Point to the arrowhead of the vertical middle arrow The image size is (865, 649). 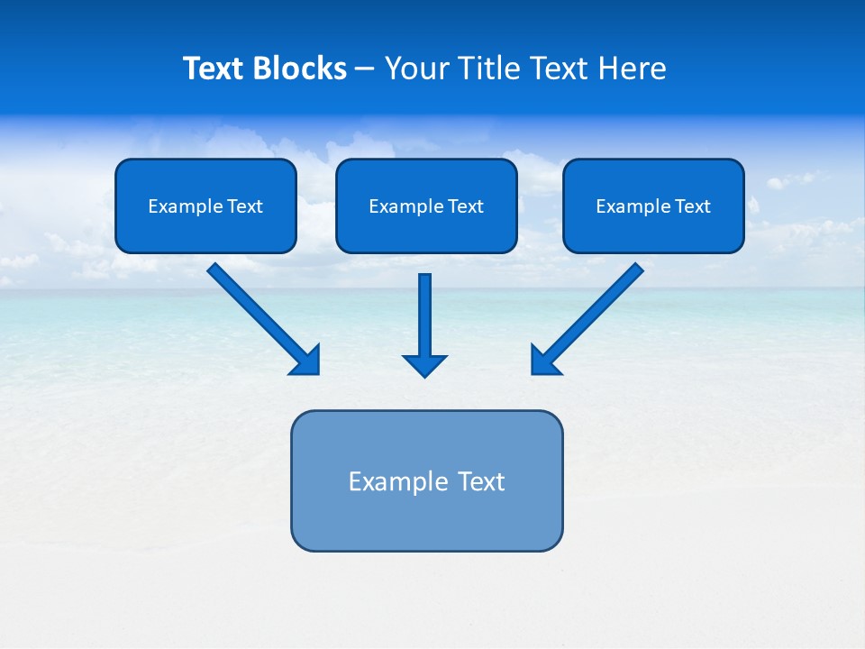coord(424,365)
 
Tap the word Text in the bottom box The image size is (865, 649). coord(481,481)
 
